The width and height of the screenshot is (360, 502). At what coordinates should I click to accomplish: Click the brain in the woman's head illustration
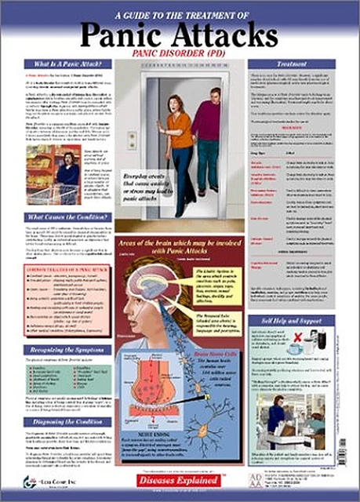(152, 288)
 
